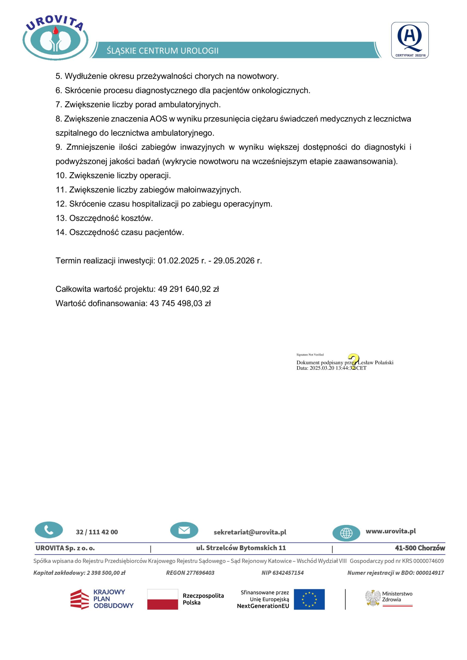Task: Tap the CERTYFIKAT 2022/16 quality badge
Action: pyautogui.click(x=409, y=40)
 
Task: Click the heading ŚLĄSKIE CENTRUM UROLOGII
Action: pyautogui.click(x=163, y=51)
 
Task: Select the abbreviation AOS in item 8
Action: pyautogui.click(x=158, y=119)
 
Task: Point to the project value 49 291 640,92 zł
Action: pyautogui.click(x=188, y=289)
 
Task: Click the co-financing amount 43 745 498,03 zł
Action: pyautogui.click(x=180, y=303)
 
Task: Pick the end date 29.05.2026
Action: pyautogui.click(x=234, y=261)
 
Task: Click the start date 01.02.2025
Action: pyautogui.click(x=178, y=261)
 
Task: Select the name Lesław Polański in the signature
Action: pyautogui.click(x=375, y=362)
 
